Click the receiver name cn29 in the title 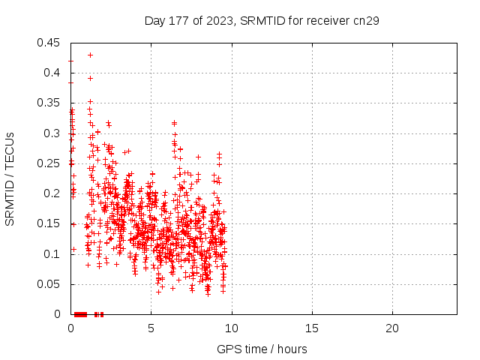[x=366, y=20]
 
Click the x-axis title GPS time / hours [x=262, y=349]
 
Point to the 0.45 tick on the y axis [x=50, y=43]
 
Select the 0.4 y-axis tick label [x=53, y=73]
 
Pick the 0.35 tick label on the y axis [x=50, y=103]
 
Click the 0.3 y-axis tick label [x=53, y=133]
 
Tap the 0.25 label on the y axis [x=50, y=163]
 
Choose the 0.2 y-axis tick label [x=53, y=193]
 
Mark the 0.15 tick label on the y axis [x=50, y=223]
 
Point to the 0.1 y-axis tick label [x=53, y=253]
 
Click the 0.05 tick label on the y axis [x=50, y=284]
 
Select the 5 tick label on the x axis [x=151, y=328]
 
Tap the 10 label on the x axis [x=232, y=328]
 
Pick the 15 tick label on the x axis [x=312, y=328]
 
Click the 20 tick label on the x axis [x=392, y=328]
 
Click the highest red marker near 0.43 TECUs [x=90, y=55]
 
